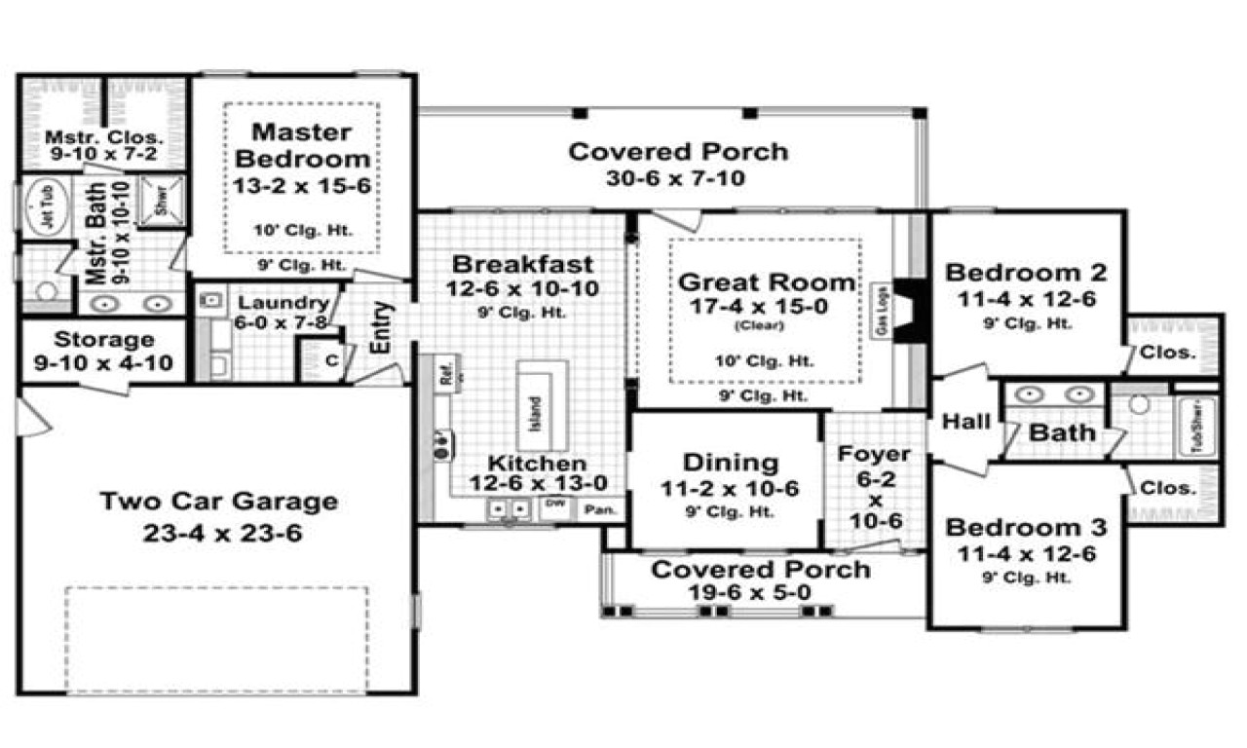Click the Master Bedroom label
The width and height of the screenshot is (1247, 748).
coord(302,144)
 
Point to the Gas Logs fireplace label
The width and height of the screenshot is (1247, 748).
coord(880,312)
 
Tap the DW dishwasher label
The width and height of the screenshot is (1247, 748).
coord(554,504)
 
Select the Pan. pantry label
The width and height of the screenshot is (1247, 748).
coord(593,508)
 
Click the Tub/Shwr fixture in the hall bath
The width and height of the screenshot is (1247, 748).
coord(1198,425)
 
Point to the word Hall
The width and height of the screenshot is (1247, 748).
coord(966,423)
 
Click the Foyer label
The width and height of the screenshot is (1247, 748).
coord(874,454)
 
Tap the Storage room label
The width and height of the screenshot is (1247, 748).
coord(104,340)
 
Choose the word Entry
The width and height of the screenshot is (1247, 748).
coord(382,329)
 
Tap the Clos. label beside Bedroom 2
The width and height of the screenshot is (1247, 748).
coord(1167,353)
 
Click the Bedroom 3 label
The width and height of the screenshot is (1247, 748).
coord(1026,529)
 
